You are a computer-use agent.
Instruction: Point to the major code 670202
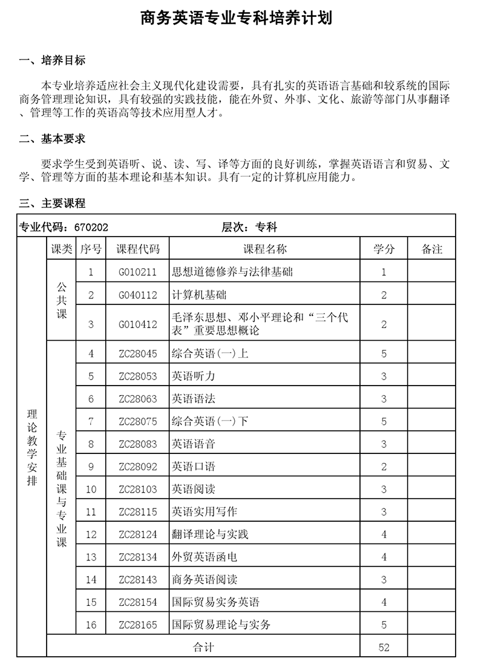click(91, 227)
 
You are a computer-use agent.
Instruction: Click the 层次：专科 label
click(249, 227)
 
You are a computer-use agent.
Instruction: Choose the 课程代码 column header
click(138, 249)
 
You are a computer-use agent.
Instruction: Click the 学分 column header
click(384, 249)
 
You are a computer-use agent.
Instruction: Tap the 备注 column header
click(432, 249)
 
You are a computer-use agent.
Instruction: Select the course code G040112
click(138, 295)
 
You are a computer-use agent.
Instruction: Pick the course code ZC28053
click(138, 376)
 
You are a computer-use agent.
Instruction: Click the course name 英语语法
click(194, 398)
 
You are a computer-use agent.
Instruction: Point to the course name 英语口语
click(194, 467)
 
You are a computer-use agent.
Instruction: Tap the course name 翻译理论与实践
click(211, 534)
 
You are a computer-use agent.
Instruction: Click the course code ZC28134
click(138, 557)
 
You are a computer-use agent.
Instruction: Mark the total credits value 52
click(384, 647)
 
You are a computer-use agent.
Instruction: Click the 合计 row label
click(203, 647)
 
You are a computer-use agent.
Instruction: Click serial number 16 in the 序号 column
click(91, 625)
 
